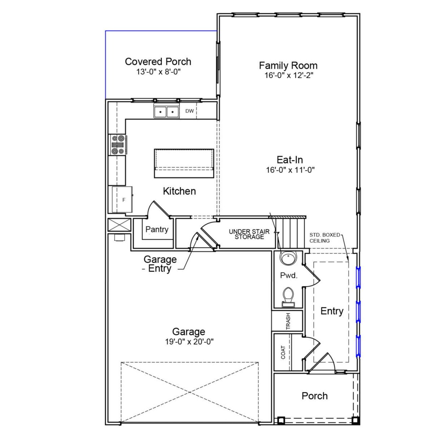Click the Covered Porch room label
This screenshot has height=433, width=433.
tap(158, 62)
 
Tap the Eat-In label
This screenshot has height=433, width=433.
tap(290, 160)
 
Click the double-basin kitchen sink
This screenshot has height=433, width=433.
tap(166, 111)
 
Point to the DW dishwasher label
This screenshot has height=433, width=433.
tap(189, 111)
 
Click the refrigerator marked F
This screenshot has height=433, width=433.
tap(122, 200)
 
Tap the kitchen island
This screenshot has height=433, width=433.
tap(184, 163)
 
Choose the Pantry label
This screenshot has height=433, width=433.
tap(157, 229)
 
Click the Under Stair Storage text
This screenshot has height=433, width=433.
tap(249, 234)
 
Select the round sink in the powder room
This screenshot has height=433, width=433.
tap(288, 259)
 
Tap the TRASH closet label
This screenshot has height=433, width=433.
tap(288, 321)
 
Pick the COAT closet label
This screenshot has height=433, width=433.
tap(283, 352)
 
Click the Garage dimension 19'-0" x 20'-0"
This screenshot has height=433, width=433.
tap(189, 342)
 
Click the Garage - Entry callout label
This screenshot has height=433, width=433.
tap(160, 264)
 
